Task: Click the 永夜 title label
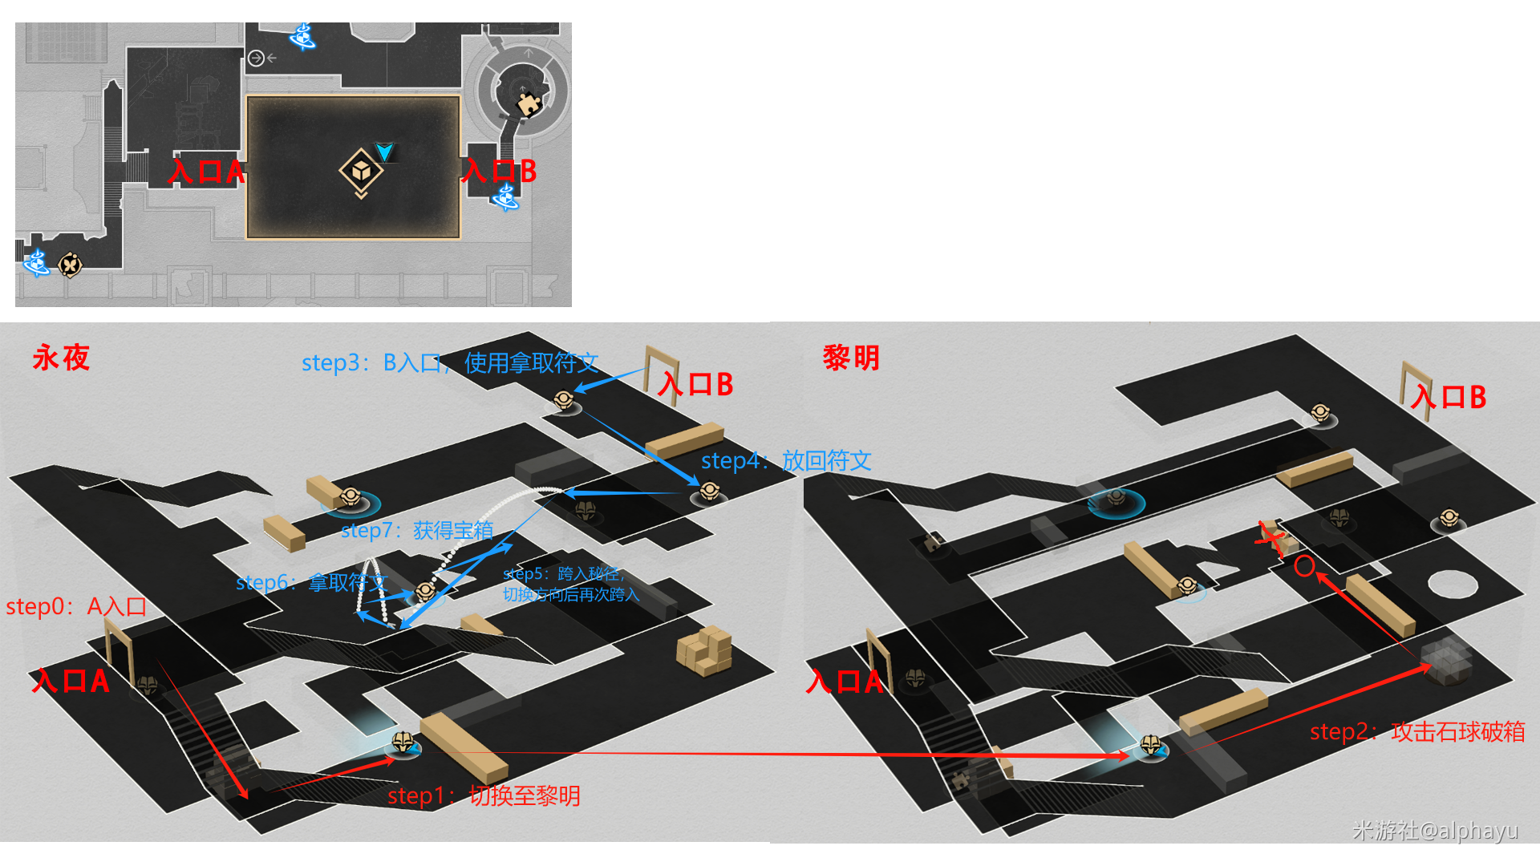(x=61, y=358)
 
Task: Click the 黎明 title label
(x=851, y=358)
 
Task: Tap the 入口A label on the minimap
(x=205, y=171)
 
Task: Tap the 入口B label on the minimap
(x=499, y=171)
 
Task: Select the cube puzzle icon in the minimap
(x=360, y=171)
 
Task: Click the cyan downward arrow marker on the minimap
(x=384, y=152)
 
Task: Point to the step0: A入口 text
(x=76, y=606)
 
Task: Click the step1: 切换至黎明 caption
(x=484, y=795)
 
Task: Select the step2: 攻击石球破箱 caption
(x=1417, y=731)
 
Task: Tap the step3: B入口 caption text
(x=450, y=363)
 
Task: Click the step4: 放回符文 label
(x=786, y=460)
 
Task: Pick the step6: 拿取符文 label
(x=311, y=582)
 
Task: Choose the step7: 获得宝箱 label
(x=416, y=530)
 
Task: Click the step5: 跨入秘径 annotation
(x=570, y=584)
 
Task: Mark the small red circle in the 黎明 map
(x=1304, y=566)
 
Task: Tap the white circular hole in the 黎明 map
(x=1452, y=584)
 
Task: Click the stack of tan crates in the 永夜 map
(x=704, y=650)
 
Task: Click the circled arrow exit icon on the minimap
(x=257, y=58)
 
